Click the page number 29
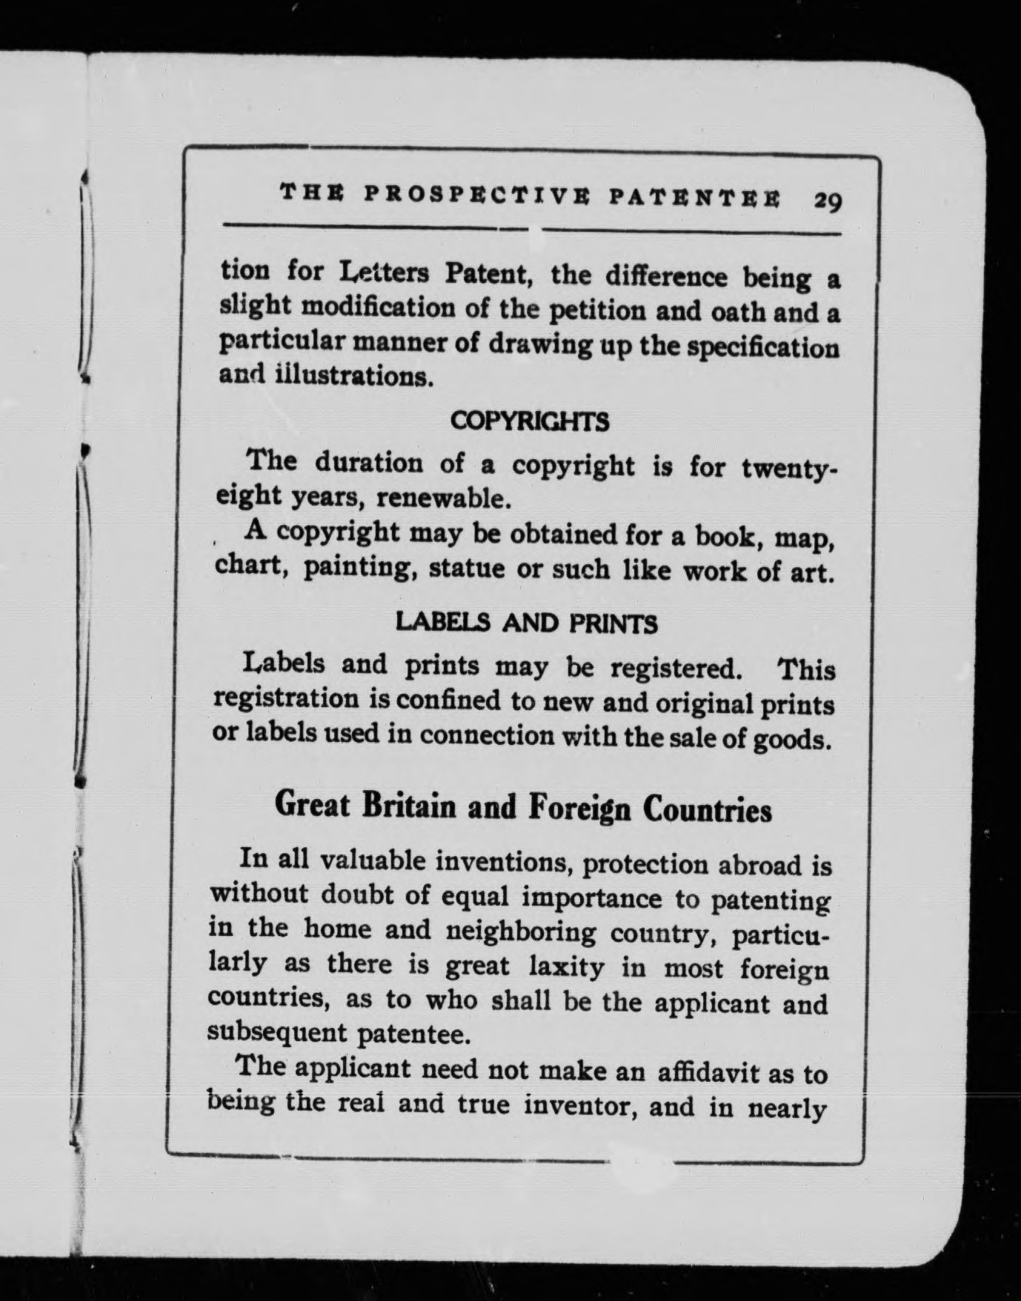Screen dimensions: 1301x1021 pyautogui.click(x=828, y=201)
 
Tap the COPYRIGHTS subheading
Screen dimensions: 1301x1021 pyautogui.click(x=530, y=421)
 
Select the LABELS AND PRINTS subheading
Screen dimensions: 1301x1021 pyautogui.click(x=527, y=623)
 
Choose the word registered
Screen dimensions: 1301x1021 pyautogui.click(x=675, y=669)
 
